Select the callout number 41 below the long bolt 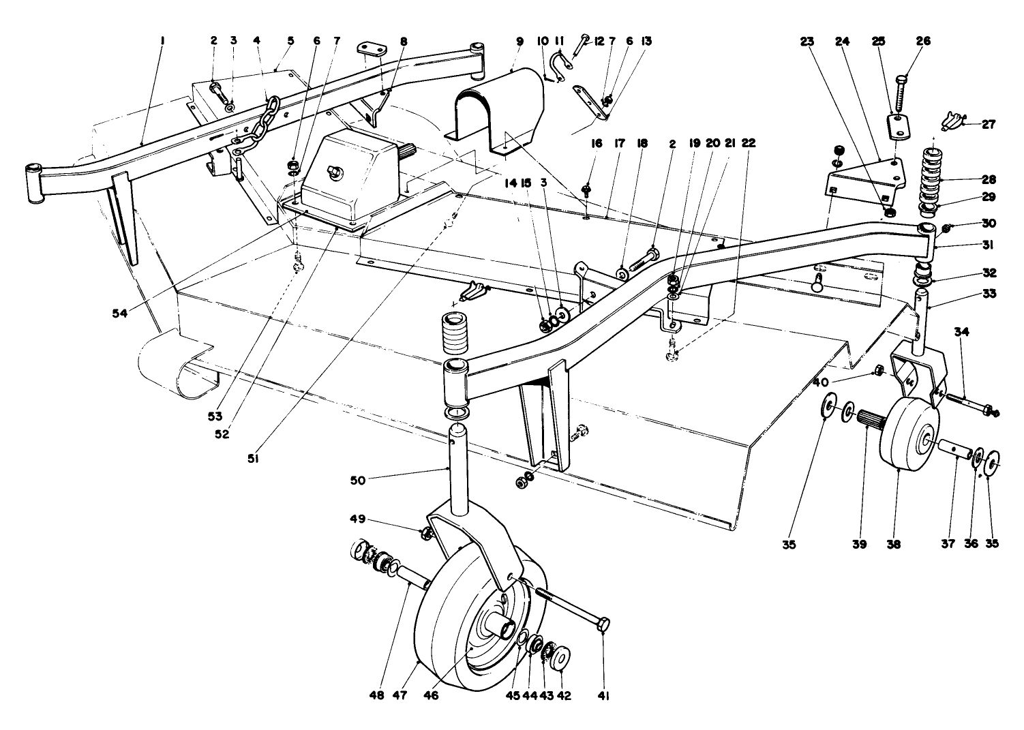(603, 696)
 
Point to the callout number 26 (923, 41)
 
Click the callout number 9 (519, 41)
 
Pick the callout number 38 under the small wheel (893, 545)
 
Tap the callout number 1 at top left (162, 41)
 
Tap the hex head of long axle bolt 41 (603, 626)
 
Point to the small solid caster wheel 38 (907, 436)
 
